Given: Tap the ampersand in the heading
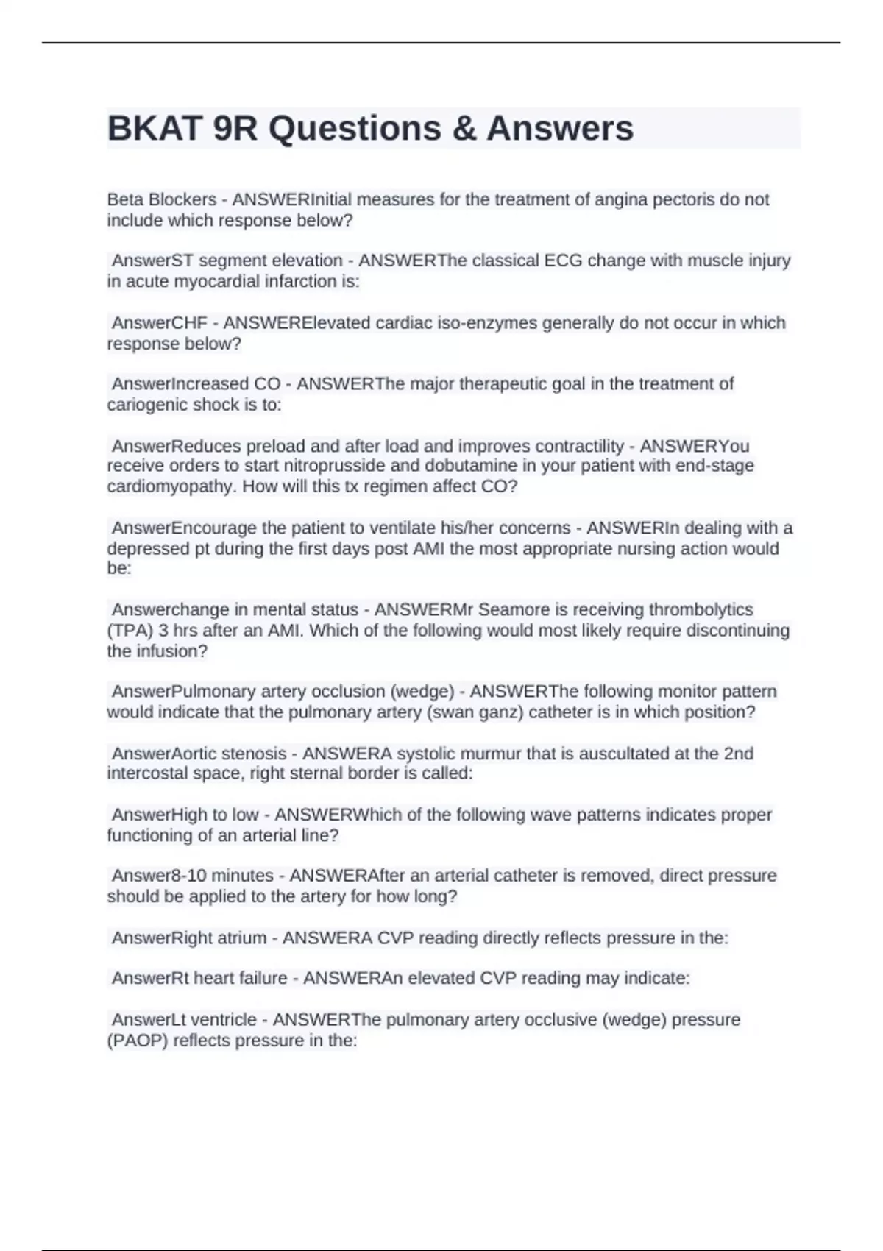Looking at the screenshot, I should click(461, 128).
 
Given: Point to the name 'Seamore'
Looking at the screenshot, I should click(514, 609).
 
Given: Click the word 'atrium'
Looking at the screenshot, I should click(242, 938).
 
